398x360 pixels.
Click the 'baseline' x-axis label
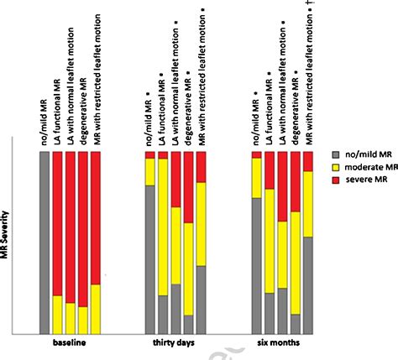70,342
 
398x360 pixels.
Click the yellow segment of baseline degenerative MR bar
82,319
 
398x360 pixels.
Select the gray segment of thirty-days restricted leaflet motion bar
201,299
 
